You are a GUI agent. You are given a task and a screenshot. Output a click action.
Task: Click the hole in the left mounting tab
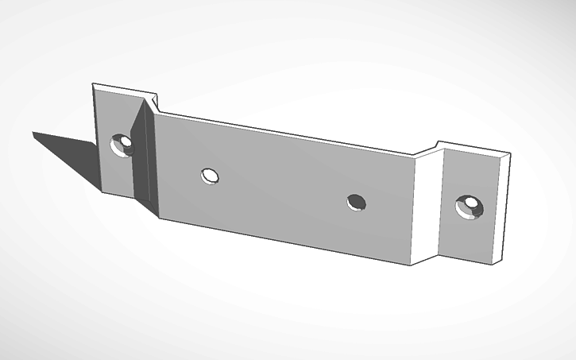click(x=122, y=145)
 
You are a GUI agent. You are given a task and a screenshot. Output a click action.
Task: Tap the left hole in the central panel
click(x=210, y=175)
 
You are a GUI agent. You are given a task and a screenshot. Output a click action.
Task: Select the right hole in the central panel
click(x=357, y=202)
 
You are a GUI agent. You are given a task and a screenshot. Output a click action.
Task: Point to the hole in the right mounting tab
click(x=469, y=207)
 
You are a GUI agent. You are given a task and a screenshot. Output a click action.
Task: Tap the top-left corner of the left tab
click(x=94, y=83)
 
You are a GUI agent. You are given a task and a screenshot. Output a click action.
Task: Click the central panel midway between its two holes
click(x=283, y=188)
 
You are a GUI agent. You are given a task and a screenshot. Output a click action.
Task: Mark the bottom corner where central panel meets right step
click(x=411, y=264)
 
